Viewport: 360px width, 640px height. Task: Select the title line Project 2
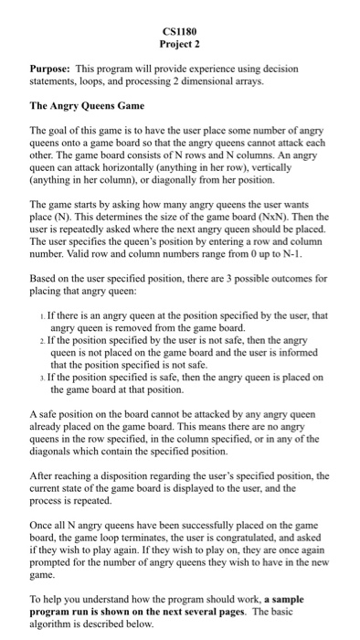pos(179,43)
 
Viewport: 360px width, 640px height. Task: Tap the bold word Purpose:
pos(48,69)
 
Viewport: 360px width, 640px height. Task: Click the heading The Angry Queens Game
pos(86,106)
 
